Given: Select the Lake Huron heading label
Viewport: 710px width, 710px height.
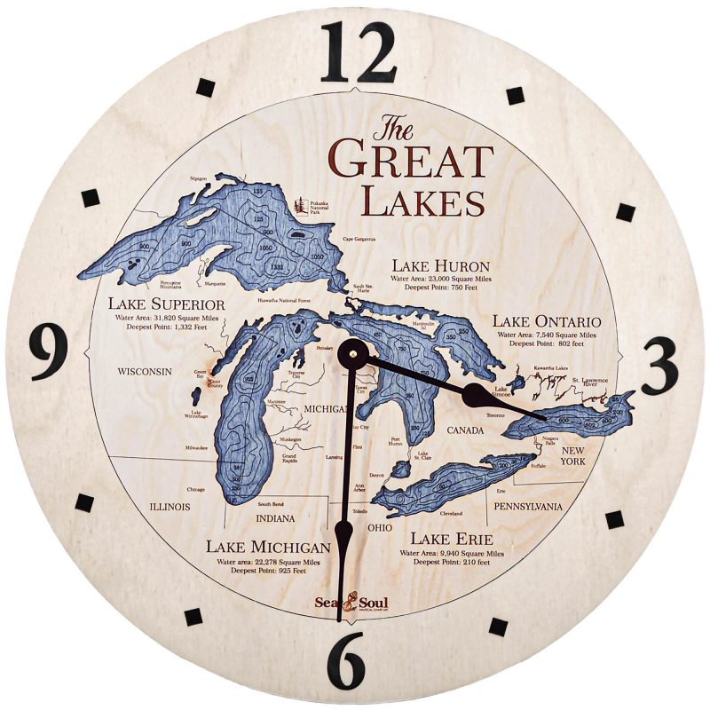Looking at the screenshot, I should [x=442, y=265].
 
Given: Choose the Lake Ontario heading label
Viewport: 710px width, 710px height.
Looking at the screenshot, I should [x=547, y=320].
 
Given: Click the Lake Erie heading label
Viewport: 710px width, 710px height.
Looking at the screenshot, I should [x=451, y=539].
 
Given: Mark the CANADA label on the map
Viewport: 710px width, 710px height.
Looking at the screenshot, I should [x=465, y=430].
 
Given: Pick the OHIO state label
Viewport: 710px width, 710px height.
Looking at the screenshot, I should [x=379, y=528].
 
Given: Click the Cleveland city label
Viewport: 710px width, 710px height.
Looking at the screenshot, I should [x=451, y=514].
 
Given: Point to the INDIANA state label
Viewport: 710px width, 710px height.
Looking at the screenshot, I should [x=274, y=517].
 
